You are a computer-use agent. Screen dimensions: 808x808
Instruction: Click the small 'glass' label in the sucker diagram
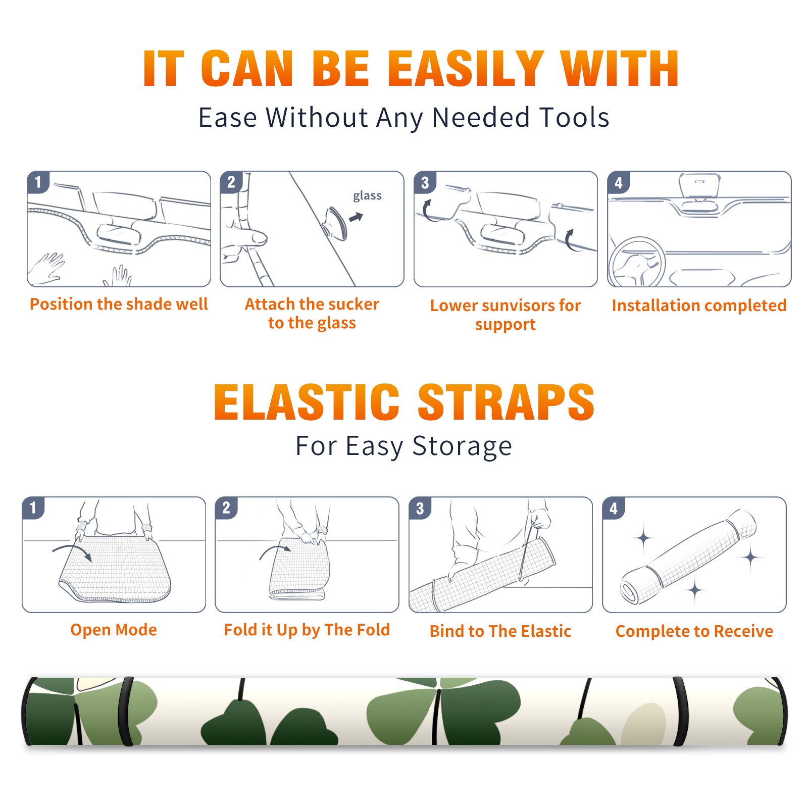click(x=367, y=196)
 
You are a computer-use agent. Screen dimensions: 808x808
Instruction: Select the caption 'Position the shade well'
click(x=119, y=304)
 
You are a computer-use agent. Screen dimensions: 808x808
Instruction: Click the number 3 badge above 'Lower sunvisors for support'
click(x=425, y=183)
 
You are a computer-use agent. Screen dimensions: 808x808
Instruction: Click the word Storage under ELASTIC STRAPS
click(x=462, y=446)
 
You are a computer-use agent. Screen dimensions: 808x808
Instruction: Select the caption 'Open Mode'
click(x=114, y=630)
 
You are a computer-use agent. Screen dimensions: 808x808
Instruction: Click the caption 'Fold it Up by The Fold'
click(x=307, y=630)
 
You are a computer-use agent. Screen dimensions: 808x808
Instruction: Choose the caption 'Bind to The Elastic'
click(x=500, y=631)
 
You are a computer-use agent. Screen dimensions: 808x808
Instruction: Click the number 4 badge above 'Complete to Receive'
click(x=614, y=508)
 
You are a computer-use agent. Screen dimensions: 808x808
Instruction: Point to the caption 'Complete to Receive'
click(x=694, y=631)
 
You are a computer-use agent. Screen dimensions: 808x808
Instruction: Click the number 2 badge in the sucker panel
click(x=231, y=182)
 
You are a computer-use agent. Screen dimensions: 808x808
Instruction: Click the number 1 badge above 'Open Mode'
click(x=33, y=508)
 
